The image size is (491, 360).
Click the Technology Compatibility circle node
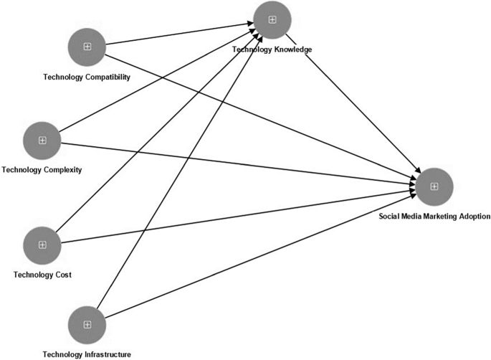coord(87,47)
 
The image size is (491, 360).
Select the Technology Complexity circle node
coord(42,140)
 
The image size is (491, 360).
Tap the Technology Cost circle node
coord(42,245)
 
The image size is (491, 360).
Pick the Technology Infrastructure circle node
coord(87,325)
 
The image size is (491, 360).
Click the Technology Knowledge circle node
coord(272,19)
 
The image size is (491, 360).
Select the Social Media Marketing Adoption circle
coord(434,186)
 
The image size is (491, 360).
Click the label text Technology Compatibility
coord(87,77)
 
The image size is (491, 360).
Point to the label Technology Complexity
coord(42,170)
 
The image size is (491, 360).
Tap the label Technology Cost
coord(42,275)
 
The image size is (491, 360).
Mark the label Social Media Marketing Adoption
coord(434,216)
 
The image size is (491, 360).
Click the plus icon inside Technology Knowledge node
coord(272,19)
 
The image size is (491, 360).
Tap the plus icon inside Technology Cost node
coord(42,245)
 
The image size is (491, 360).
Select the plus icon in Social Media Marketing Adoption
coord(434,186)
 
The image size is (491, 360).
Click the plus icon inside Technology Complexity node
coord(42,140)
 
